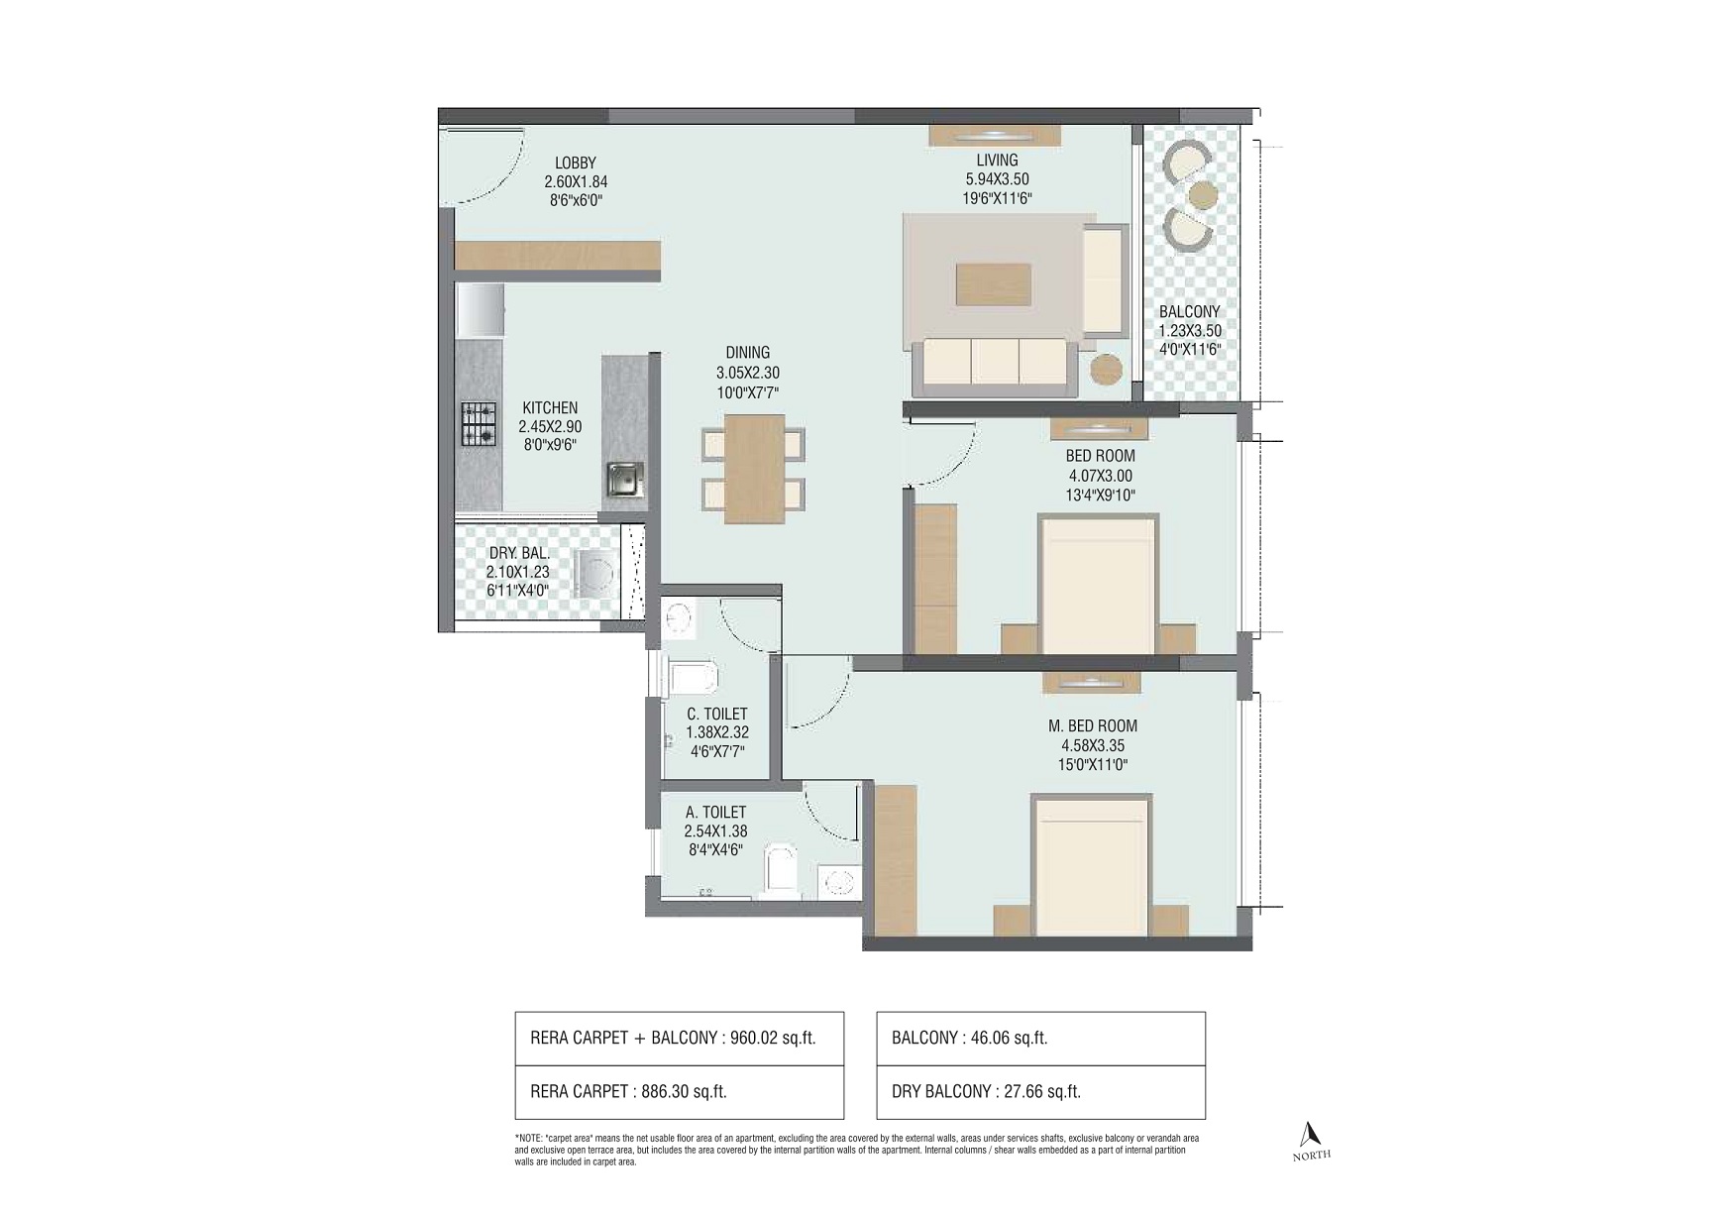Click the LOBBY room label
(x=576, y=164)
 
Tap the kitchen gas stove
(x=478, y=424)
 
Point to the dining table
(x=754, y=468)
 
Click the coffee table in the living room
(x=993, y=283)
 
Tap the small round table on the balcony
(x=1203, y=194)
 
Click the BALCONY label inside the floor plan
(x=1189, y=311)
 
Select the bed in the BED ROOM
(x=1097, y=584)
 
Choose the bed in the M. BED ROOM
(x=1091, y=864)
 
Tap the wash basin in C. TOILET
(x=679, y=616)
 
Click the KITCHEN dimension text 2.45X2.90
(x=550, y=426)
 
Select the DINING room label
(x=747, y=353)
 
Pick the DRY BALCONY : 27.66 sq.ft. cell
(x=1041, y=1092)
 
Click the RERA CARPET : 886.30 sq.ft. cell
(x=680, y=1092)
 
